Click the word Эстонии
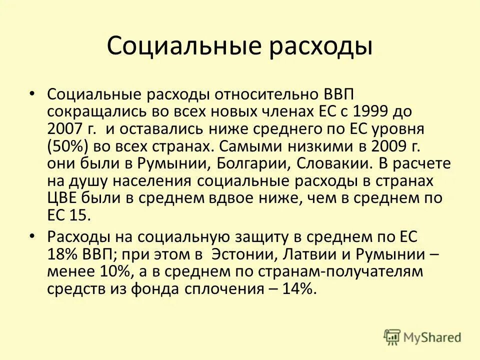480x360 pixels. click(x=241, y=254)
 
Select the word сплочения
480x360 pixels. click(x=227, y=289)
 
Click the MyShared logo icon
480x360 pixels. click(x=393, y=336)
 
